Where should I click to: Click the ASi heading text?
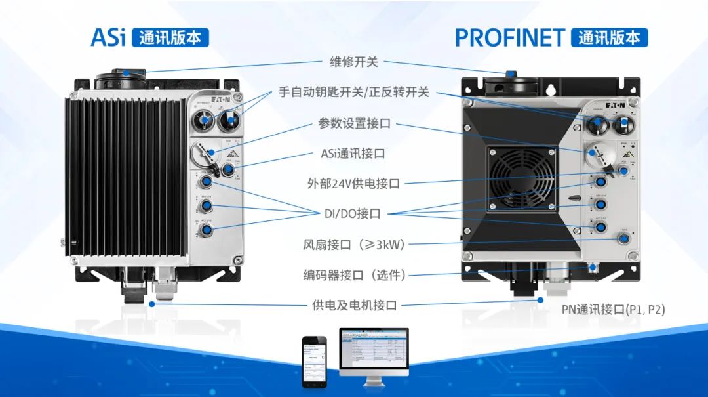coord(108,37)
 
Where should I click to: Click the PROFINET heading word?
coord(509,37)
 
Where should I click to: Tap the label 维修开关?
coord(354,62)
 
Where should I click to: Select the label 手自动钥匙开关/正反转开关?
coord(354,92)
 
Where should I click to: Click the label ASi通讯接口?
coord(354,154)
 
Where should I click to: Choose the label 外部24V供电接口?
coord(354,184)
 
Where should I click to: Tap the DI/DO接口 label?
coord(354,214)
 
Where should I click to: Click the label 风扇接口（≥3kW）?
coord(354,245)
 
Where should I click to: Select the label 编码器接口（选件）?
coord(354,275)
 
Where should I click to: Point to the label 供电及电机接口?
coord(354,305)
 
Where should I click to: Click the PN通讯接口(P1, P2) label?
coord(613,310)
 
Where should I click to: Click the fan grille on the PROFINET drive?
coord(519,177)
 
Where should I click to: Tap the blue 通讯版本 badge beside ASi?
coord(170,37)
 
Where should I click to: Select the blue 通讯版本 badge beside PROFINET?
coord(609,37)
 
